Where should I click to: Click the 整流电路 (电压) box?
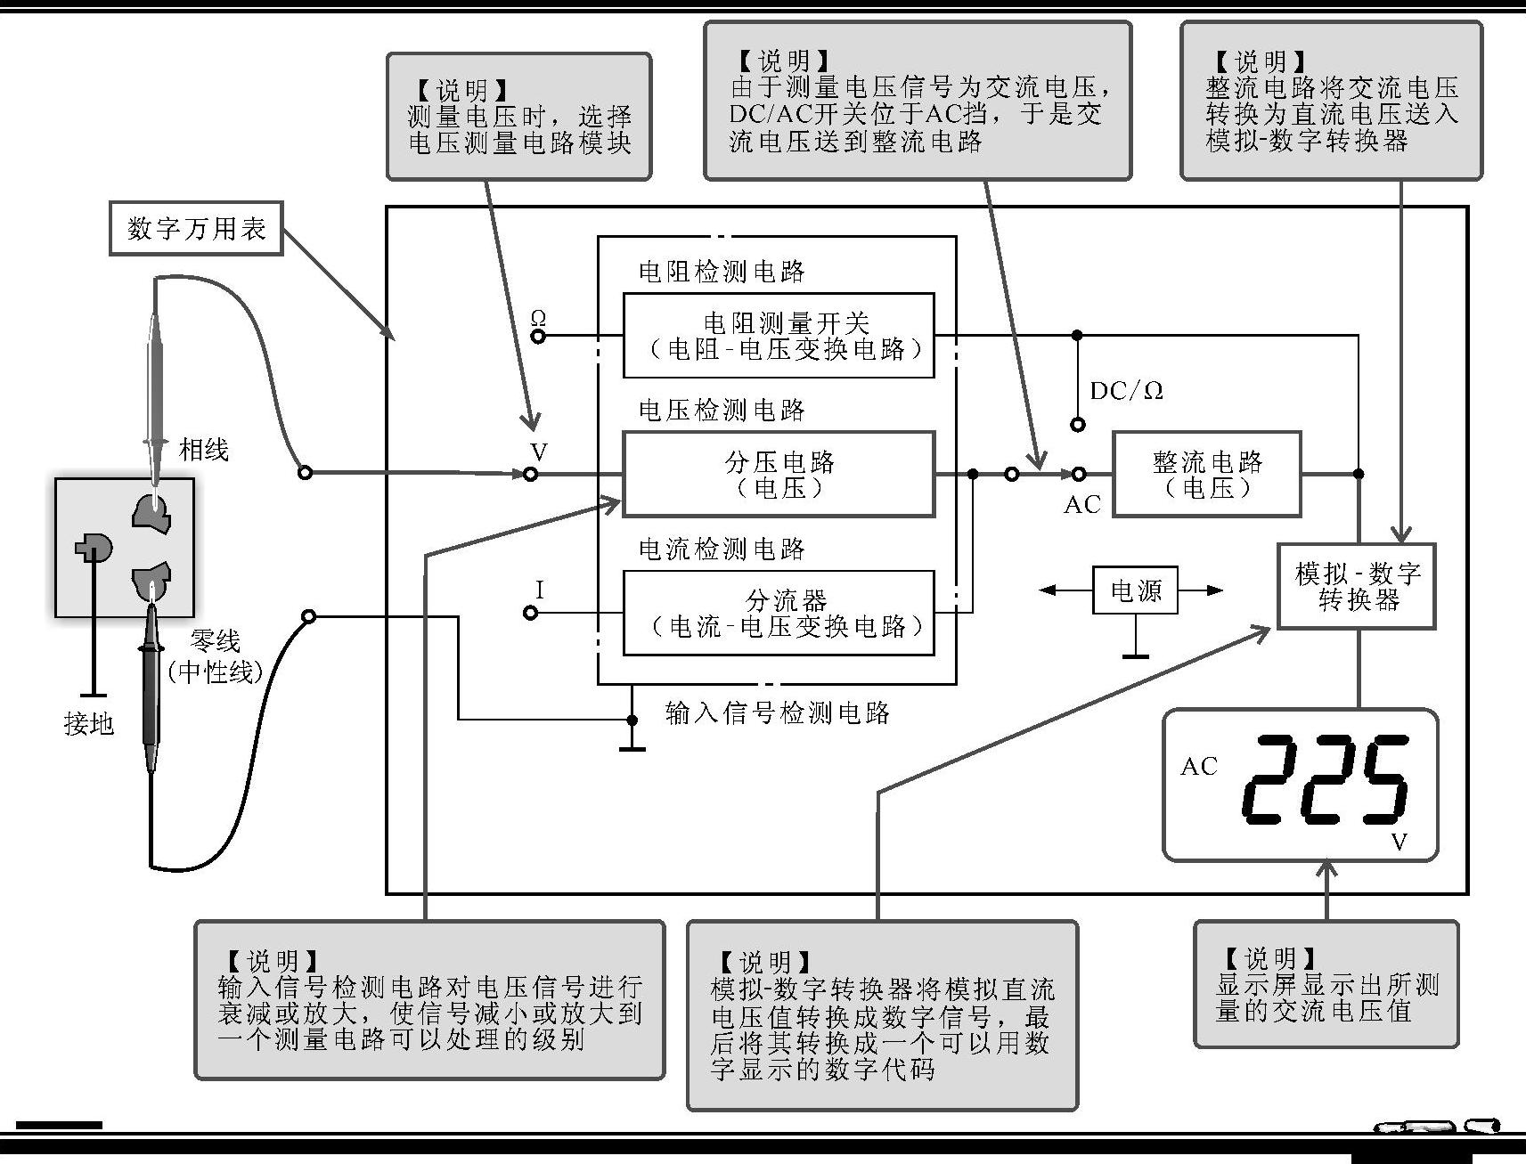[x=1206, y=474]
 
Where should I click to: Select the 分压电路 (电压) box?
[x=778, y=474]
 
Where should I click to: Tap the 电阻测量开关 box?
[x=778, y=335]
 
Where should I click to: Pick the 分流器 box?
[x=778, y=613]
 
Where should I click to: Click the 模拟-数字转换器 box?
[x=1357, y=586]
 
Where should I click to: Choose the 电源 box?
[x=1135, y=590]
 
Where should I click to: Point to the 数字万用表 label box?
[x=196, y=229]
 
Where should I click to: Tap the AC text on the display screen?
[x=1198, y=766]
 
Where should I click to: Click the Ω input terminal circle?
[x=537, y=337]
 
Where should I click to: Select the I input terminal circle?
[x=531, y=613]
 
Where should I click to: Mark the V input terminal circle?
[x=531, y=475]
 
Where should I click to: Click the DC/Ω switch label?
[x=1126, y=391]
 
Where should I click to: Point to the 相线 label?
[x=204, y=449]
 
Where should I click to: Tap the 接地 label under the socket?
[x=89, y=723]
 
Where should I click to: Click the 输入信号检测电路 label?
[x=777, y=712]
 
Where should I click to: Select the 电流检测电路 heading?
[x=722, y=549]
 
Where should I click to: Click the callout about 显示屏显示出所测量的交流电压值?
[x=1326, y=983]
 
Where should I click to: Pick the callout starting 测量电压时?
[x=518, y=117]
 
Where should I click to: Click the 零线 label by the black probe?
[x=215, y=640]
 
